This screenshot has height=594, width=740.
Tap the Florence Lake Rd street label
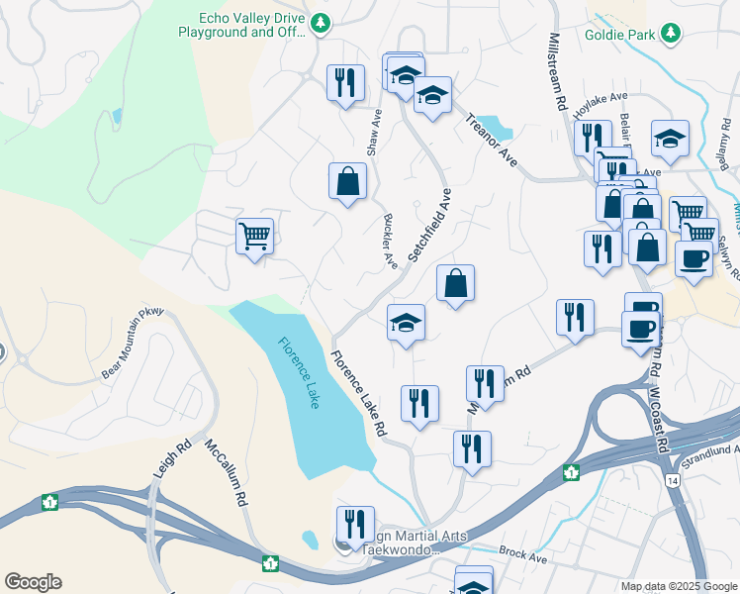(x=357, y=396)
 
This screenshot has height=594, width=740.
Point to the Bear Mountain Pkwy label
(x=133, y=344)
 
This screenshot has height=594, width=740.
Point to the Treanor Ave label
(x=492, y=139)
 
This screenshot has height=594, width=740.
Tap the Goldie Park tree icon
(x=672, y=34)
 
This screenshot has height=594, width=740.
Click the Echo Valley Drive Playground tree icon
(x=320, y=23)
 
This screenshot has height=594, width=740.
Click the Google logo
(x=33, y=582)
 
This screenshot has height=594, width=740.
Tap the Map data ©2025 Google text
(x=678, y=586)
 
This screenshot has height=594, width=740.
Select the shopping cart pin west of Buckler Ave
(x=254, y=237)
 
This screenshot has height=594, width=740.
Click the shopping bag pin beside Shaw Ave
(x=347, y=181)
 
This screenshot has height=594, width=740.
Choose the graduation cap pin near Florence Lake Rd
(x=405, y=323)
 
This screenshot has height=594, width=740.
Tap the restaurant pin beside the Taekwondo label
(x=355, y=524)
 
